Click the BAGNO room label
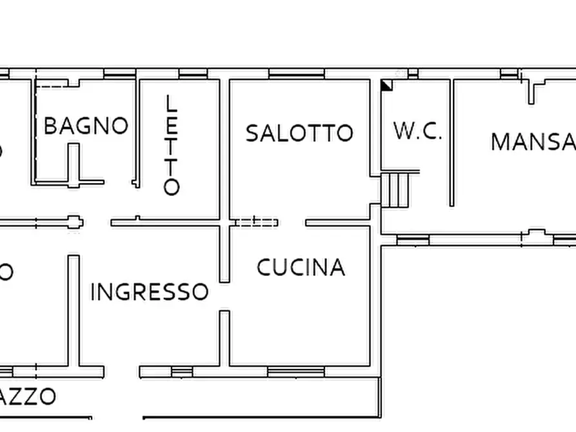(86, 126)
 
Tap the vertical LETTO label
(171, 145)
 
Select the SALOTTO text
(299, 133)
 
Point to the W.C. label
(417, 132)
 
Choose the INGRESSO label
(149, 292)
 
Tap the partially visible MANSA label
(532, 142)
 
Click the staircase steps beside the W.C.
(397, 189)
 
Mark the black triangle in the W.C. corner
(386, 85)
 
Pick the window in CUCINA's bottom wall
(295, 371)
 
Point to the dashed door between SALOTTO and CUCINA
(255, 222)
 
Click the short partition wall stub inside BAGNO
(74, 164)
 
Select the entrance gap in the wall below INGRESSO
(122, 372)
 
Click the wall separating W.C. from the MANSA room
(452, 142)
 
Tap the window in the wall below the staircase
(412, 241)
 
